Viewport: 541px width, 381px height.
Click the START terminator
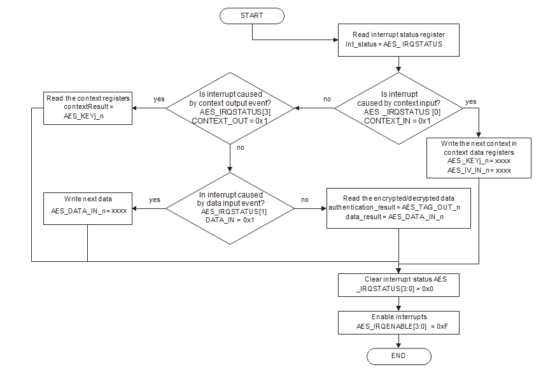click(x=252, y=16)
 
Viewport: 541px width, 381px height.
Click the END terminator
click(x=398, y=356)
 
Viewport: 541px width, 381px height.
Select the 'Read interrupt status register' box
click(x=398, y=39)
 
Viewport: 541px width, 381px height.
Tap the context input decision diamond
click(x=398, y=107)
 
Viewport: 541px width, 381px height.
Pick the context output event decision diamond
click(x=230, y=107)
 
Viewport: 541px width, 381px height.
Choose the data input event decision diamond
click(x=230, y=208)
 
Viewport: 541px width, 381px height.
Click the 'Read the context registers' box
click(x=88, y=107)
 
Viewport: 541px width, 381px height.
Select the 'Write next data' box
click(x=88, y=208)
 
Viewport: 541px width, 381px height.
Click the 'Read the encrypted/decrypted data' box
click(x=399, y=208)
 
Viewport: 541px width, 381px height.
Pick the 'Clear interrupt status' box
click(x=399, y=284)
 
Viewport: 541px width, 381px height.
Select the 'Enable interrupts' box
click(x=399, y=321)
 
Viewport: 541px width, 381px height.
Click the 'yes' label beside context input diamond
click(x=471, y=102)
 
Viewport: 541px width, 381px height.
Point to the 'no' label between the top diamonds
click(x=327, y=99)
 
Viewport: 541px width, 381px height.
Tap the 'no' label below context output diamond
click(x=241, y=147)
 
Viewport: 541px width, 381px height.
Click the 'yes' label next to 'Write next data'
click(x=154, y=199)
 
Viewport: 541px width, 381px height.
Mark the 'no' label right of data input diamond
click(x=305, y=199)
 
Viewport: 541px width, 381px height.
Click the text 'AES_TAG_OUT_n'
click(x=434, y=208)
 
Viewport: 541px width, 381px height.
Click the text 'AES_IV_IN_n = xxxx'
click(x=479, y=170)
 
